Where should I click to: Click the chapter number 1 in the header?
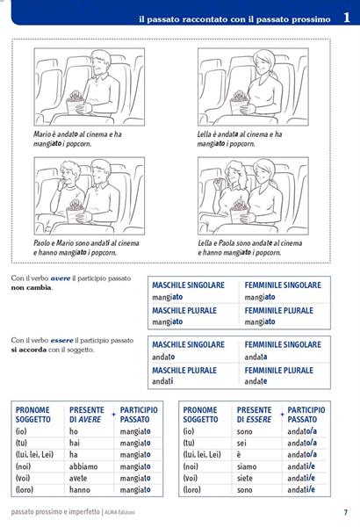point(347,18)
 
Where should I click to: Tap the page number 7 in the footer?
point(346,512)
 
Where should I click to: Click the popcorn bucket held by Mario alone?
point(75,104)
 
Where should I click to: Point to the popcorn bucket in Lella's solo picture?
point(239,104)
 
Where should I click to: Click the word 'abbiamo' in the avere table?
point(83,466)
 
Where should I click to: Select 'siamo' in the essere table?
point(247,466)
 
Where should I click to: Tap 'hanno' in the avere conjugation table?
point(80,490)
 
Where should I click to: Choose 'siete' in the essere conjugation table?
point(244,478)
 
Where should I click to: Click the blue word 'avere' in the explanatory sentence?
point(61,278)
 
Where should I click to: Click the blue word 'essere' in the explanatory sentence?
point(61,341)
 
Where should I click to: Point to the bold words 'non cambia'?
point(32,288)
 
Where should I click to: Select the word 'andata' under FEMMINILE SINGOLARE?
point(256,357)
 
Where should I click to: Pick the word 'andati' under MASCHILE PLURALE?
point(162,381)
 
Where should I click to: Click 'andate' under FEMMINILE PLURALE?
point(256,381)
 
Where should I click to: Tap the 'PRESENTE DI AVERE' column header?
point(87,415)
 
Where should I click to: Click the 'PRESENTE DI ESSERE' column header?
point(254,415)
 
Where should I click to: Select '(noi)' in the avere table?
point(23,466)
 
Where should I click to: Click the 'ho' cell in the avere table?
point(73,431)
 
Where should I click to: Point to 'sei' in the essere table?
point(241,443)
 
